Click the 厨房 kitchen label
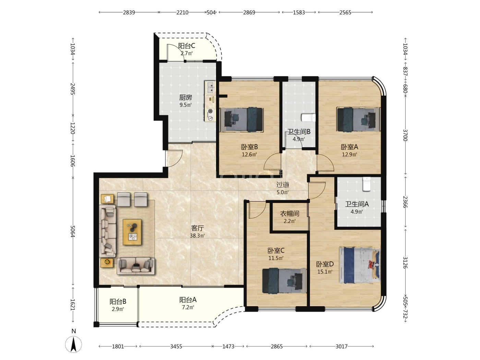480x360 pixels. click(185, 97)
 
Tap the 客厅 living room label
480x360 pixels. click(197, 228)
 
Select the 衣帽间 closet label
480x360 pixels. click(289, 214)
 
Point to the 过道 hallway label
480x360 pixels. click(283, 185)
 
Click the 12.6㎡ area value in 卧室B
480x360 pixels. click(249, 155)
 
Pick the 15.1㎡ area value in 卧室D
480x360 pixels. click(325, 272)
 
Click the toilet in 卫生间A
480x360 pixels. click(367, 184)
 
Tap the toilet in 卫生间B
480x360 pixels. click(308, 118)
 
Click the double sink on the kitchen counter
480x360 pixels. click(211, 87)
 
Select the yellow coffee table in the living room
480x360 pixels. click(132, 232)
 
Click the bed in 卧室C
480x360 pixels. click(284, 280)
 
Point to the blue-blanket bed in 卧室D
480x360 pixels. click(360, 265)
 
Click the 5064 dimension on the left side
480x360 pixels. click(73, 231)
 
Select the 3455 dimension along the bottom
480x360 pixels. click(176, 346)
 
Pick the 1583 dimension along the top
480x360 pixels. click(299, 12)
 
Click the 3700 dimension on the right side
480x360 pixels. click(405, 135)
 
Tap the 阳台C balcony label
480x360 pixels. click(187, 46)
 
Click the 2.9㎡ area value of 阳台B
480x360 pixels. click(118, 309)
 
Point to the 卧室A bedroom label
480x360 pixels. click(349, 147)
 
